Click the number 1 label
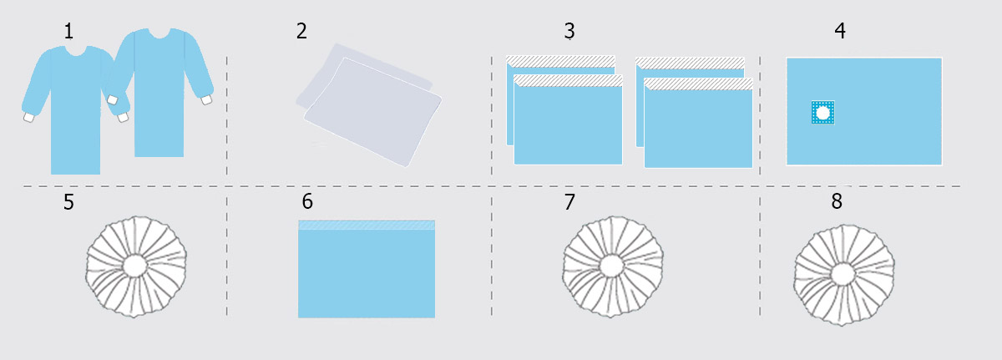coord(68,31)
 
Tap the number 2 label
coord(301,31)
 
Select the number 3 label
coord(569,31)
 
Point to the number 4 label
coord(840,31)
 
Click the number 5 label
coord(68,202)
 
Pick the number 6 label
coord(307,201)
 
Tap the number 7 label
coord(569,202)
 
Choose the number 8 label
coord(837,201)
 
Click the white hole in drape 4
coord(822,113)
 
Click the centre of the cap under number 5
coord(135,266)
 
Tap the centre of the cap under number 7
coord(612,266)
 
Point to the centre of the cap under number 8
coord(843,275)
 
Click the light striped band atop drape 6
coord(367,225)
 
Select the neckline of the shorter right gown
coord(159,33)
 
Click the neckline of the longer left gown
coord(76,51)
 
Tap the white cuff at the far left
coord(28,117)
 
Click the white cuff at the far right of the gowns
coord(206,99)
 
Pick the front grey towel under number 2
coord(373,112)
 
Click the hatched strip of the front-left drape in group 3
coord(568,80)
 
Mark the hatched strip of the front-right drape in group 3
coord(698,84)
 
